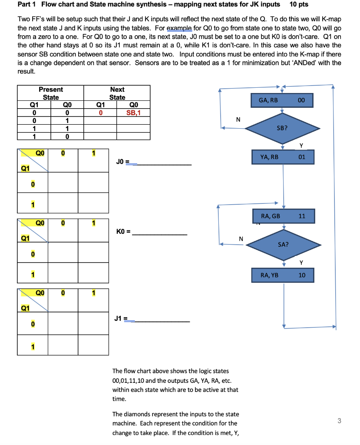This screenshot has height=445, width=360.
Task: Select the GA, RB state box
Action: (x=282, y=100)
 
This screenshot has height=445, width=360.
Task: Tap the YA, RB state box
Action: (x=282, y=157)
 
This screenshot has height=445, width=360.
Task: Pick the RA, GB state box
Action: (x=282, y=216)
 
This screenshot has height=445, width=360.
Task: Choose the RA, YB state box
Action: (x=282, y=275)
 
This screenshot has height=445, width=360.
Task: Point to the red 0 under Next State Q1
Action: (x=100, y=113)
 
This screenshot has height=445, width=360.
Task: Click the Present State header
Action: (x=51, y=93)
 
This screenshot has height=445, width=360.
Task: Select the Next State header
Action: (x=117, y=93)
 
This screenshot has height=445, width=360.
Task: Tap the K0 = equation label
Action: (x=123, y=232)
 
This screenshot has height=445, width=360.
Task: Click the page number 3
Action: (x=339, y=420)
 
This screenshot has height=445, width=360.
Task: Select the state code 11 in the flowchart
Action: (x=302, y=216)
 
